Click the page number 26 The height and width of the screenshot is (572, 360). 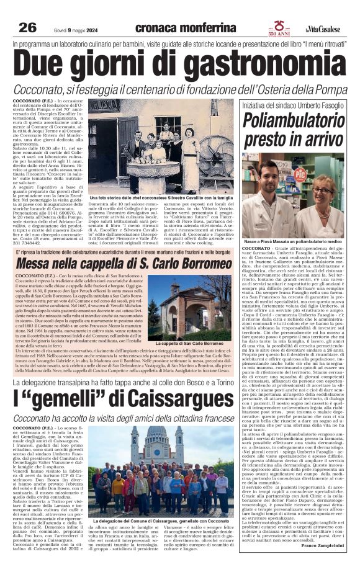point(27,27)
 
